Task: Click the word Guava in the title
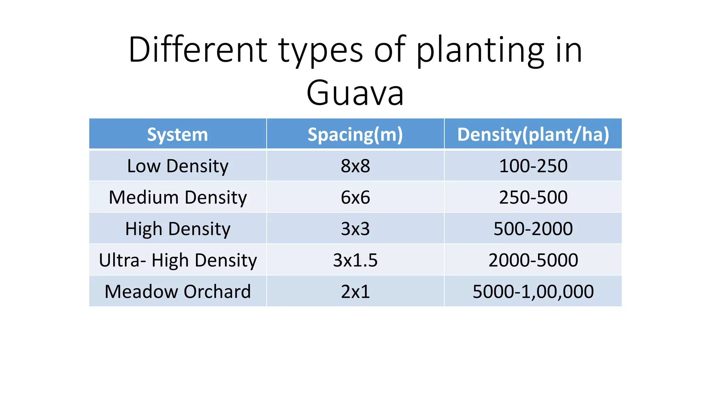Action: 355,93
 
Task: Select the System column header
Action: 177,134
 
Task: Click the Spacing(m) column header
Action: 355,134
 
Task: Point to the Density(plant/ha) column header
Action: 533,134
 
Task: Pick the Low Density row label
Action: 177,166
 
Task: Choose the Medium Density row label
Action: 177,197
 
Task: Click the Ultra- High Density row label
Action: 177,260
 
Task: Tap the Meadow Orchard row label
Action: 177,291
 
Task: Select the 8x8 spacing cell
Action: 355,166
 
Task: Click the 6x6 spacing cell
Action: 355,197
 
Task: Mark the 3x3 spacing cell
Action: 355,228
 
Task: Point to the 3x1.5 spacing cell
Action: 355,260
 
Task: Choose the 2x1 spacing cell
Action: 355,291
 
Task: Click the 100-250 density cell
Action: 533,166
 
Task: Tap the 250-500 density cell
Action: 533,197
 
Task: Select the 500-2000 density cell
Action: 533,228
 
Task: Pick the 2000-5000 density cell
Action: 533,260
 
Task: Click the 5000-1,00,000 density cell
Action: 533,291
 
